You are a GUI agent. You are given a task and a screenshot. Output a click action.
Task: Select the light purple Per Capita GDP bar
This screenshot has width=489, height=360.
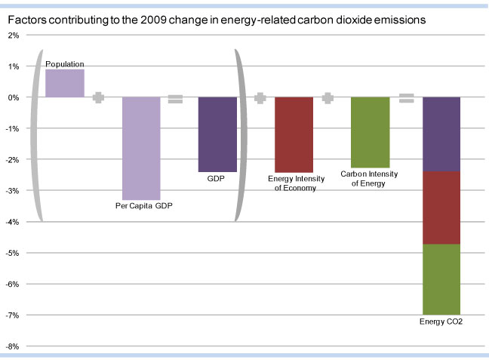[x=142, y=147]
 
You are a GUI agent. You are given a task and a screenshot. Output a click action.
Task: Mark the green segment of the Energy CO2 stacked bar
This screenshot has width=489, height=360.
[x=441, y=279]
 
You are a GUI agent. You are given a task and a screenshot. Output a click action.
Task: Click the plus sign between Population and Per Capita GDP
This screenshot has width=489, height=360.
[x=98, y=97]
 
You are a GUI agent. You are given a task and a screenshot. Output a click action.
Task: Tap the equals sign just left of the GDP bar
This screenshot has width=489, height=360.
[x=175, y=98]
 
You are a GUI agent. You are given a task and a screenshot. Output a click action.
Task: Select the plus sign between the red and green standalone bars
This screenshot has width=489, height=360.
[x=328, y=98]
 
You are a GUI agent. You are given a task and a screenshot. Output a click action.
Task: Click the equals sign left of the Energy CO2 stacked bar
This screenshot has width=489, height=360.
[x=406, y=98]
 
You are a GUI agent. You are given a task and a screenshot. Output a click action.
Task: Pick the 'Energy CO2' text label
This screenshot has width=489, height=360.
[x=441, y=322]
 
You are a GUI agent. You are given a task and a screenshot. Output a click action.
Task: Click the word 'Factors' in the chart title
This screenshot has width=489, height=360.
[x=26, y=20]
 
